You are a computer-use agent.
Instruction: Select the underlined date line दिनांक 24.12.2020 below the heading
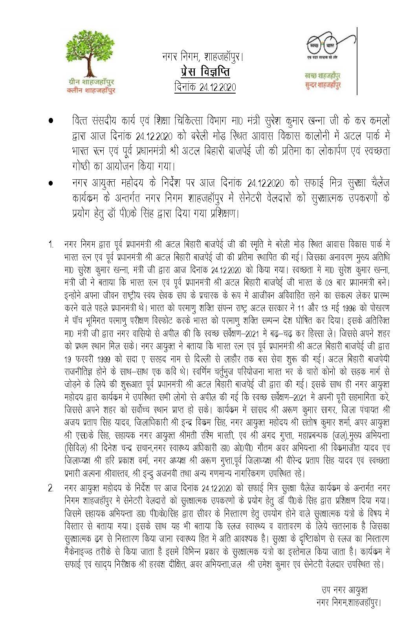point(205,87)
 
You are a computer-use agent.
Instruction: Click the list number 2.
point(51,489)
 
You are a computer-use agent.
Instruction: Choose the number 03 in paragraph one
point(328,283)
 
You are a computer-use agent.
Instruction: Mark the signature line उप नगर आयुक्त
point(344,590)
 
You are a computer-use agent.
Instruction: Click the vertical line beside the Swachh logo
point(357,61)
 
